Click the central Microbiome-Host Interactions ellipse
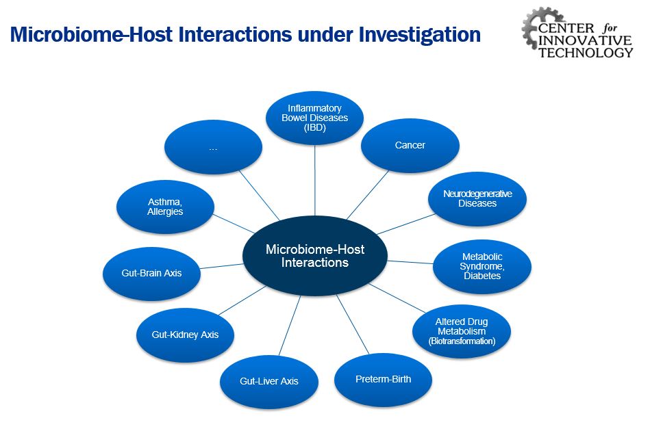tap(315, 256)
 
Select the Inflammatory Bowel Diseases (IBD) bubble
tap(315, 118)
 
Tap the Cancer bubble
tap(410, 146)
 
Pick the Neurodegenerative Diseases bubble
tap(477, 198)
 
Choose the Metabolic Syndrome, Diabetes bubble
tap(482, 266)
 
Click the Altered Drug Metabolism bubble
tap(462, 331)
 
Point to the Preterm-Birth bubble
tap(383, 379)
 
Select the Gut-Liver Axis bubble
tap(268, 381)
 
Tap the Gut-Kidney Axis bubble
tap(185, 335)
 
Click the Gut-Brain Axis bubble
tap(152, 272)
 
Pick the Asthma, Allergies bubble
tap(165, 207)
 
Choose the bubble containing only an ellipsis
tap(213, 146)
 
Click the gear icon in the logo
tap(536, 27)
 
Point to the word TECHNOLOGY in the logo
tap(586, 53)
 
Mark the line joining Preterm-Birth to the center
tap(352, 324)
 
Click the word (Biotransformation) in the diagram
tap(462, 341)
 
